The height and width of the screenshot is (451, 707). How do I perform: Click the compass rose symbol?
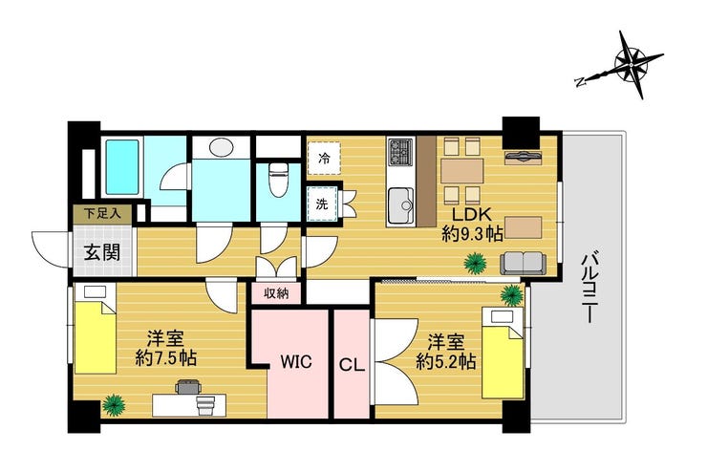632,65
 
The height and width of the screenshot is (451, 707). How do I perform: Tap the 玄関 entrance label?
103,252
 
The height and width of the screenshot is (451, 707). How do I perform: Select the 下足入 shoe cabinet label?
103,213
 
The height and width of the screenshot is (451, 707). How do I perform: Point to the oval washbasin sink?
221,147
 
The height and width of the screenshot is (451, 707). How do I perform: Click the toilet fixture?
277,179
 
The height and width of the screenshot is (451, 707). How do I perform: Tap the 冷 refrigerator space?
324,159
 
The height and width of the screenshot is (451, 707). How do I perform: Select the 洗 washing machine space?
322,204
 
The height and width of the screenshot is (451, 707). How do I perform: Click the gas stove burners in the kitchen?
401,152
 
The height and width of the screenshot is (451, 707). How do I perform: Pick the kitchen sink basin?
401,205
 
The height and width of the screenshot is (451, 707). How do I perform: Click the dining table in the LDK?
462,171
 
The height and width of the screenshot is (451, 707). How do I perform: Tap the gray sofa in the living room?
523,263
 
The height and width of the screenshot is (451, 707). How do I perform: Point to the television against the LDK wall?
523,156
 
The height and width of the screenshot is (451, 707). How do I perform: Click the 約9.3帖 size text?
472,233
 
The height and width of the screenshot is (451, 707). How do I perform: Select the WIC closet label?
296,362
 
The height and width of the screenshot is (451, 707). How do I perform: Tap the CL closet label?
352,365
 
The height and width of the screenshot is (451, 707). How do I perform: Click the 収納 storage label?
276,294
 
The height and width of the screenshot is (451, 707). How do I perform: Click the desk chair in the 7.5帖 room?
188,387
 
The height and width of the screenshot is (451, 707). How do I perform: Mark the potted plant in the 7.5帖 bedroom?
114,404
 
